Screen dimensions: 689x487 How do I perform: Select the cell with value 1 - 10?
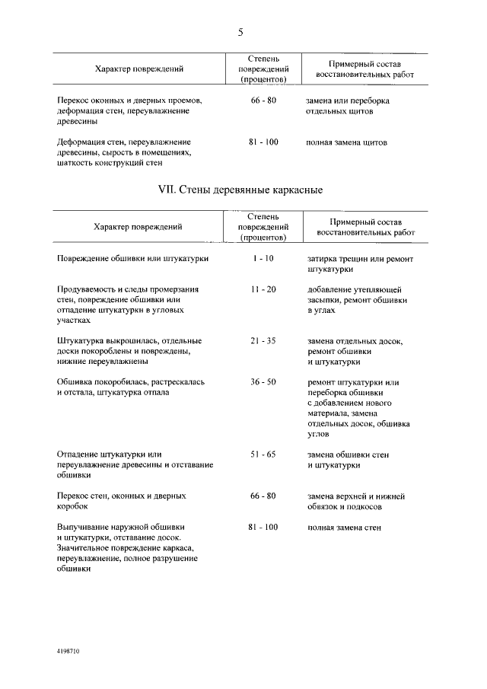tap(263, 259)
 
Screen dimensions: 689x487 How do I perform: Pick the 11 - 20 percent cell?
tap(263, 290)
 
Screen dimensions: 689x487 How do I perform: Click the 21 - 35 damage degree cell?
tap(263, 341)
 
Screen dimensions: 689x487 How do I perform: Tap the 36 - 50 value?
tap(263, 382)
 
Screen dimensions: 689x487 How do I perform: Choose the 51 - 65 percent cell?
tap(263, 455)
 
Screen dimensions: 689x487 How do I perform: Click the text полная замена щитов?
tap(347, 142)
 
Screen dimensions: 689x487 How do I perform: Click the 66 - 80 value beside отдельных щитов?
tap(263, 100)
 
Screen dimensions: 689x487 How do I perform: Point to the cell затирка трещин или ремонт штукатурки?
tap(360, 263)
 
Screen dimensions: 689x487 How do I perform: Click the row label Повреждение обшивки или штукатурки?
tap(133, 259)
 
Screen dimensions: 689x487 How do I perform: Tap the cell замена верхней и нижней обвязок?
tap(356, 501)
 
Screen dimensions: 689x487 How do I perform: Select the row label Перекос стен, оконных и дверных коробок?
tap(122, 501)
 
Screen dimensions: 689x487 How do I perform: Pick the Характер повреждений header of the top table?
tap(138, 69)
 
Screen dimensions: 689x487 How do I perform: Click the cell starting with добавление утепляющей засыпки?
tap(354, 300)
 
